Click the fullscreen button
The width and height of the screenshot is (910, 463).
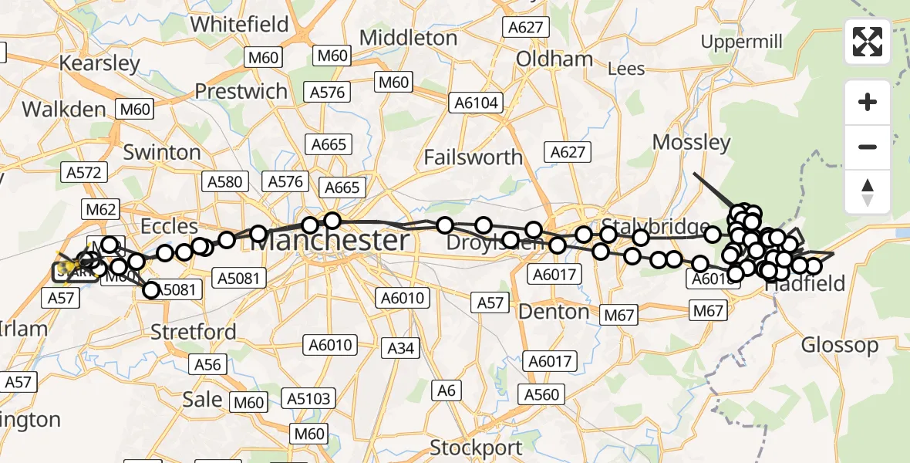coord(868,42)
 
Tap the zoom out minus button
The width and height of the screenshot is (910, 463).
coord(868,147)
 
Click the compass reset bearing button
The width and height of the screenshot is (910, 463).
coord(868,191)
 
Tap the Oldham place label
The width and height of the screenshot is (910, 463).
coord(554,59)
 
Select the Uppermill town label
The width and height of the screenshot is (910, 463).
coord(742,41)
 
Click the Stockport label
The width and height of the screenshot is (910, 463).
coord(475,448)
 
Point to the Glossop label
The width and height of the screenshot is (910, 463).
coord(840,345)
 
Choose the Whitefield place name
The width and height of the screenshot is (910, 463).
coord(239,25)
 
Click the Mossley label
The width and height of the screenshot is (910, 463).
coord(691,142)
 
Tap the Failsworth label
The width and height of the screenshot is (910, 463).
coord(474,157)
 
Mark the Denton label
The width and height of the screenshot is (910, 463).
coord(554,312)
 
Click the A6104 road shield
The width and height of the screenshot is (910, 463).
coord(477,103)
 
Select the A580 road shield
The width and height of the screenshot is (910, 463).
coord(224,182)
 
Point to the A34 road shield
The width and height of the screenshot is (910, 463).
coord(401,348)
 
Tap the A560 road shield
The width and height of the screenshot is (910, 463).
coord(541,395)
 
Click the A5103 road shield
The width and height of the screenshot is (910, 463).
coord(309,399)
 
